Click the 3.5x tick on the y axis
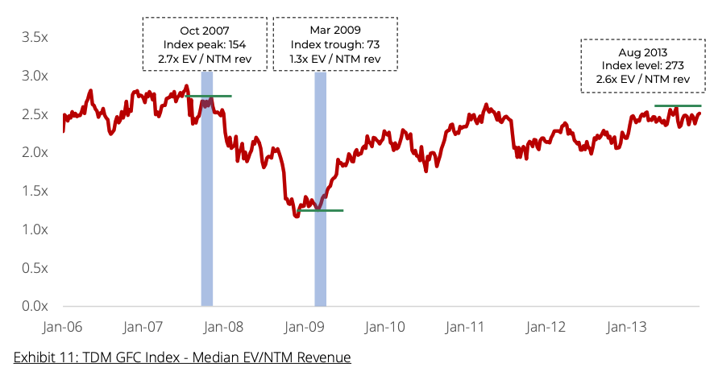(x=35, y=37)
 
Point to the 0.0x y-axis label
(x=35, y=307)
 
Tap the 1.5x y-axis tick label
(x=35, y=191)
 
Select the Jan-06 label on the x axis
(x=63, y=328)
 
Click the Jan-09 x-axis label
(x=305, y=328)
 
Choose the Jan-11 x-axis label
(x=466, y=328)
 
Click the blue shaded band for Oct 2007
(x=207, y=189)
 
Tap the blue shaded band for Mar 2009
(x=321, y=189)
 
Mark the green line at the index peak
(x=209, y=97)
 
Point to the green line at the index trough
(x=321, y=210)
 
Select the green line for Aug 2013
(x=677, y=106)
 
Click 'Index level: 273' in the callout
(x=637, y=65)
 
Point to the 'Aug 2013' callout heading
(x=637, y=51)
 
